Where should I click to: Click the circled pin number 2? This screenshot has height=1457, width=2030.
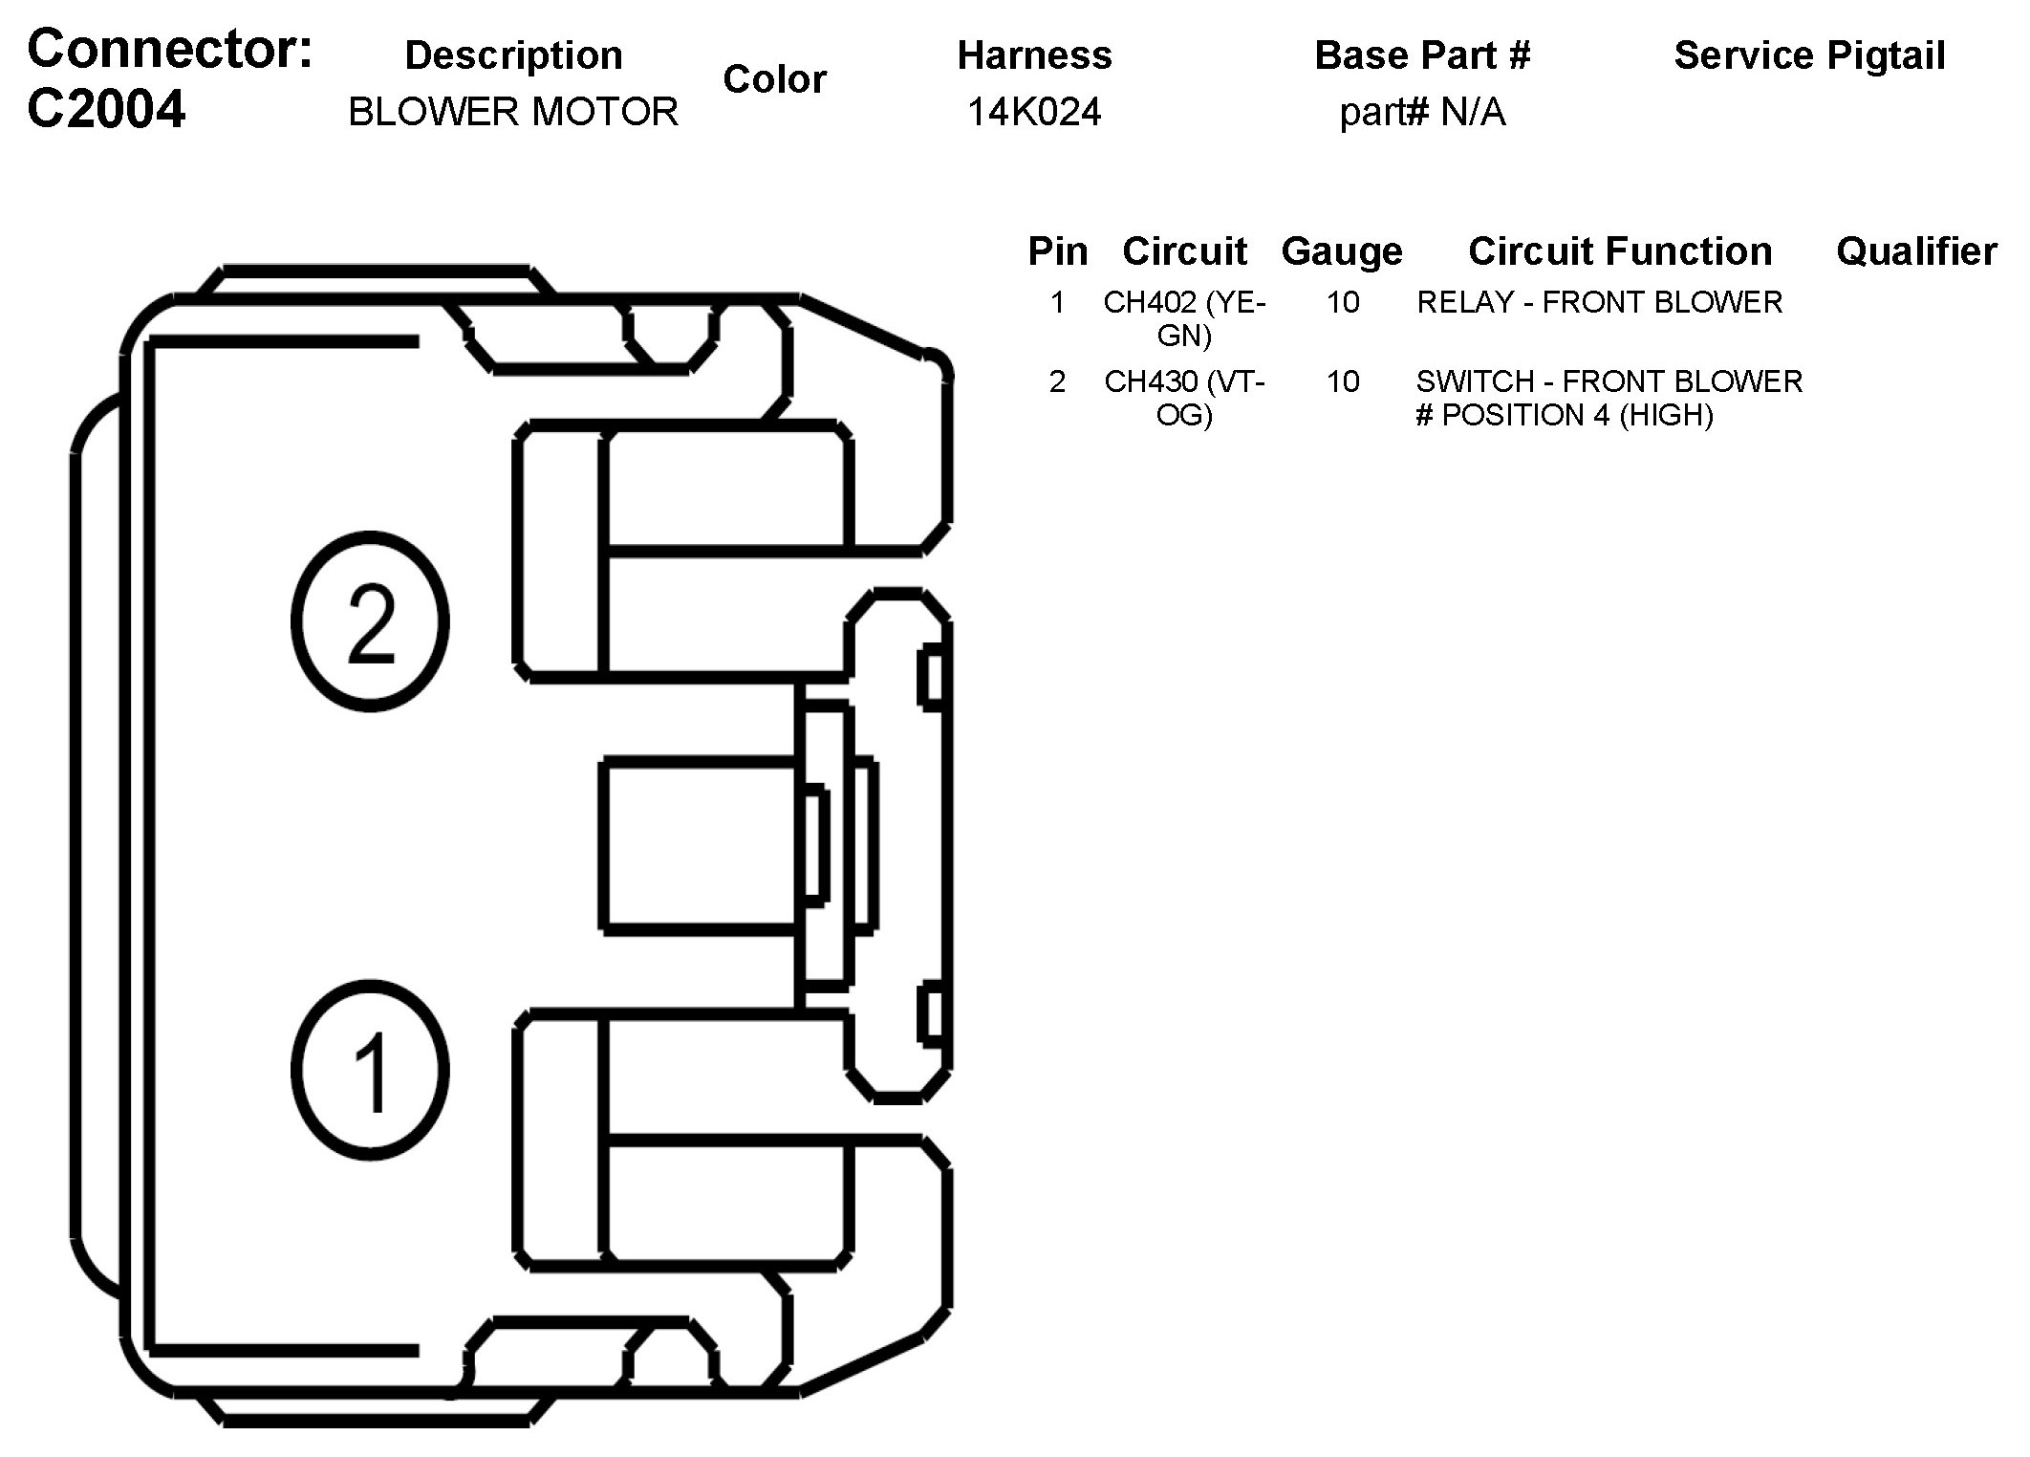click(370, 622)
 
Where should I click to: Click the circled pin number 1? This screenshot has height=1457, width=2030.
click(370, 1070)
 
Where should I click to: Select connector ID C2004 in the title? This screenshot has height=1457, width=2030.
click(106, 110)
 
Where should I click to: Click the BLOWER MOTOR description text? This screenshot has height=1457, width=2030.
click(513, 112)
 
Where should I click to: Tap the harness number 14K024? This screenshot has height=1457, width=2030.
click(1034, 112)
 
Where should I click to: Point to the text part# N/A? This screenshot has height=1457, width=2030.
click(1422, 112)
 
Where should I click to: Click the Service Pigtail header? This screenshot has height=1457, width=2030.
click(1809, 55)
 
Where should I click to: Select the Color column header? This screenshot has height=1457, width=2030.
click(774, 79)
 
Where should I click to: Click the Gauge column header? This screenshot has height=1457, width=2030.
click(1342, 251)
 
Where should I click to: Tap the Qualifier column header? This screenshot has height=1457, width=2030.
click(1916, 251)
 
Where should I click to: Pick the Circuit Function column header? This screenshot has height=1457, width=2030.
click(1620, 251)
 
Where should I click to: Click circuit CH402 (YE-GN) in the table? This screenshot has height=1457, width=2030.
click(1184, 318)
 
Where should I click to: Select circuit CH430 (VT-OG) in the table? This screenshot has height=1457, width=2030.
click(1184, 398)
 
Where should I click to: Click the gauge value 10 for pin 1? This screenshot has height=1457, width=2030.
click(1342, 302)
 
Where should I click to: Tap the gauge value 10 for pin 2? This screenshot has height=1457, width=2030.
click(1342, 381)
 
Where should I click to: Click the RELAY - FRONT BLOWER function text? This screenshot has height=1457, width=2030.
click(1599, 302)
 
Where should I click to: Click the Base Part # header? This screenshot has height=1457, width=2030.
click(1422, 55)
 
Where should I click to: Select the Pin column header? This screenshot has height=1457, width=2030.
click(1057, 251)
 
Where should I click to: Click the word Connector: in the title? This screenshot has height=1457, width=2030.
click(170, 50)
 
